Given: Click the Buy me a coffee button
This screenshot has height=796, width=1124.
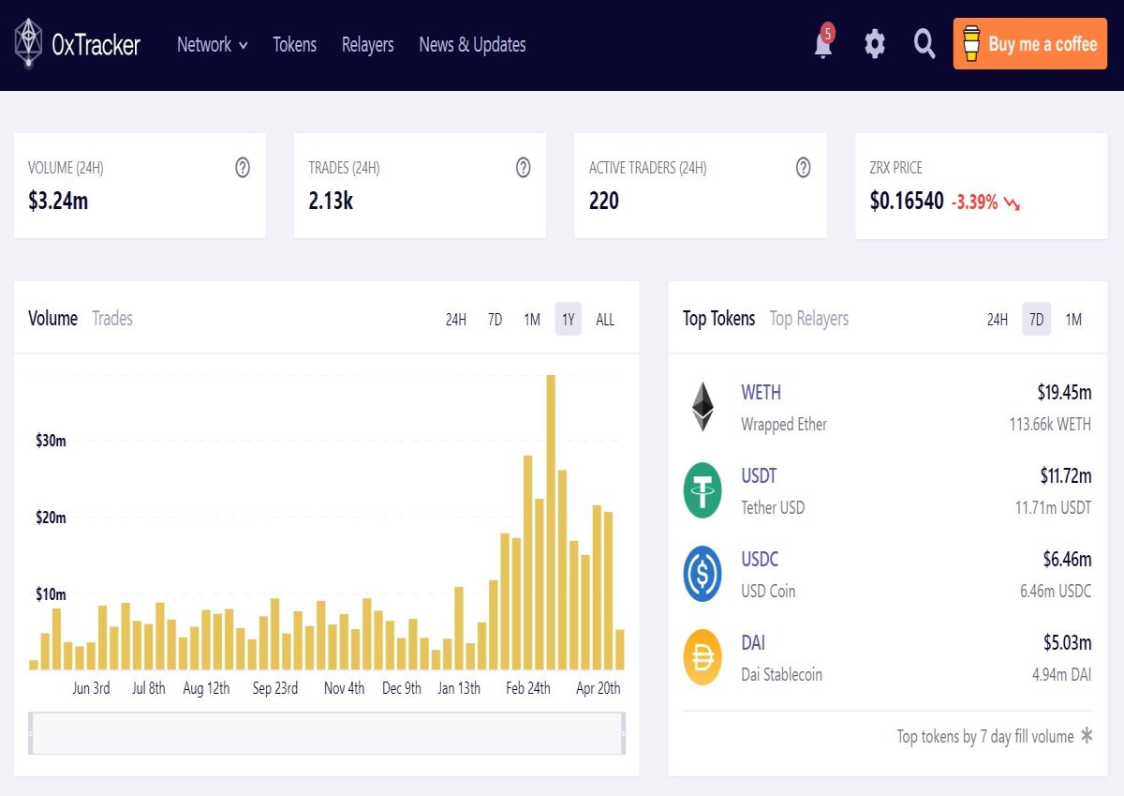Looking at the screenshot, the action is click(x=1029, y=44).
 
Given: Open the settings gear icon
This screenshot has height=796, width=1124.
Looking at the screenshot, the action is click(x=875, y=44).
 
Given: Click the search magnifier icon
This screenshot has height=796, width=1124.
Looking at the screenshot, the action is click(x=924, y=44).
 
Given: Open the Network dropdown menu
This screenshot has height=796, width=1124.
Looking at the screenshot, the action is click(x=213, y=45).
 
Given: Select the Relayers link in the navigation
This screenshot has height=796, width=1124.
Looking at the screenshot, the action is click(x=367, y=45).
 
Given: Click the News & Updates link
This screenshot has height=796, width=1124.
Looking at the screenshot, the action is click(x=472, y=45).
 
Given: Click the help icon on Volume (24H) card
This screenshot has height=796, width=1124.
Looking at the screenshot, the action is click(x=243, y=167).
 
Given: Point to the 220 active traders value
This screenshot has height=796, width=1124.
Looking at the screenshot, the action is click(x=603, y=201).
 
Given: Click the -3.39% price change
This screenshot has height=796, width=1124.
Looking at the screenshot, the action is click(x=974, y=203).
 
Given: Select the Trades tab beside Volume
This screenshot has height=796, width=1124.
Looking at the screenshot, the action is click(x=112, y=319).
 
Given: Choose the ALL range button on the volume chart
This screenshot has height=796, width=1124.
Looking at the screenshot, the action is click(x=605, y=320).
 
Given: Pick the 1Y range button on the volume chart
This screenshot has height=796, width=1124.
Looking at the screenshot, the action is click(x=568, y=320).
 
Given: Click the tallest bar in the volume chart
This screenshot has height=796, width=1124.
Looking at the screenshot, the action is click(x=551, y=522).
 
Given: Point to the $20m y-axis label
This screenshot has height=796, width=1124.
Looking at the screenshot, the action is click(x=51, y=518).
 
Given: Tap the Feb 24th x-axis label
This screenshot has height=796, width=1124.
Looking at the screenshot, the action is click(x=528, y=688).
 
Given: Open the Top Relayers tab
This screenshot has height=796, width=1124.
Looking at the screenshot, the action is click(x=809, y=319).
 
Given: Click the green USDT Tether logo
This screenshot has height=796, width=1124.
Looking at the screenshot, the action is click(x=702, y=490).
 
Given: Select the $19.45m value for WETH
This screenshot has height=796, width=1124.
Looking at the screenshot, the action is click(x=1064, y=392).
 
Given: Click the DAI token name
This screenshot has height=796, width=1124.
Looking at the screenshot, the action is click(x=753, y=643).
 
